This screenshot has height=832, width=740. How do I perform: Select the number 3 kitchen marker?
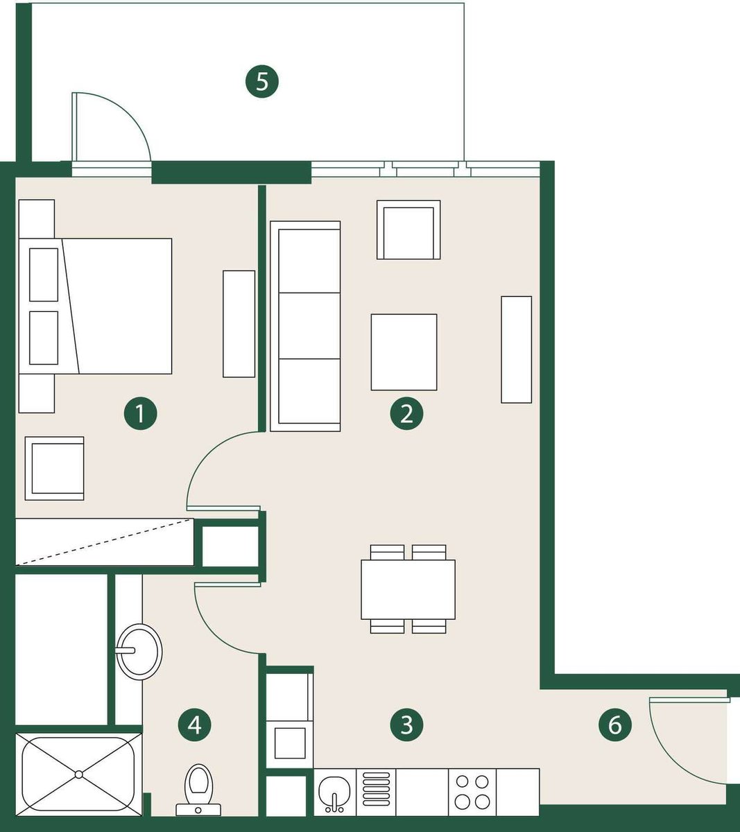point(406,725)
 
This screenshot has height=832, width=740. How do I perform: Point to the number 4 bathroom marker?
point(195,725)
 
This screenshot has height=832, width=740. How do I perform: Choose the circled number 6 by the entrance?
point(614,725)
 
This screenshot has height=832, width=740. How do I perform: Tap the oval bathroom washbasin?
point(139,652)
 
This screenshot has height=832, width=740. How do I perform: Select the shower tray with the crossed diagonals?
point(79,774)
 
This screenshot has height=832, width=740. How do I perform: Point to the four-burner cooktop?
point(472,792)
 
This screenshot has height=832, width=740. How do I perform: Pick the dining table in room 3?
point(408,589)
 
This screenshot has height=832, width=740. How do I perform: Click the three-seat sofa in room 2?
point(305,326)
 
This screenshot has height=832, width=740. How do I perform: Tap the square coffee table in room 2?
point(404,352)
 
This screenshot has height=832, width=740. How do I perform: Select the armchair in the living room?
point(408,230)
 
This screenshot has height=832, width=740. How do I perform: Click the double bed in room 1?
point(95,306)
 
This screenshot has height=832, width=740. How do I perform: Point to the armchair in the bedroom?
point(54,469)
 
